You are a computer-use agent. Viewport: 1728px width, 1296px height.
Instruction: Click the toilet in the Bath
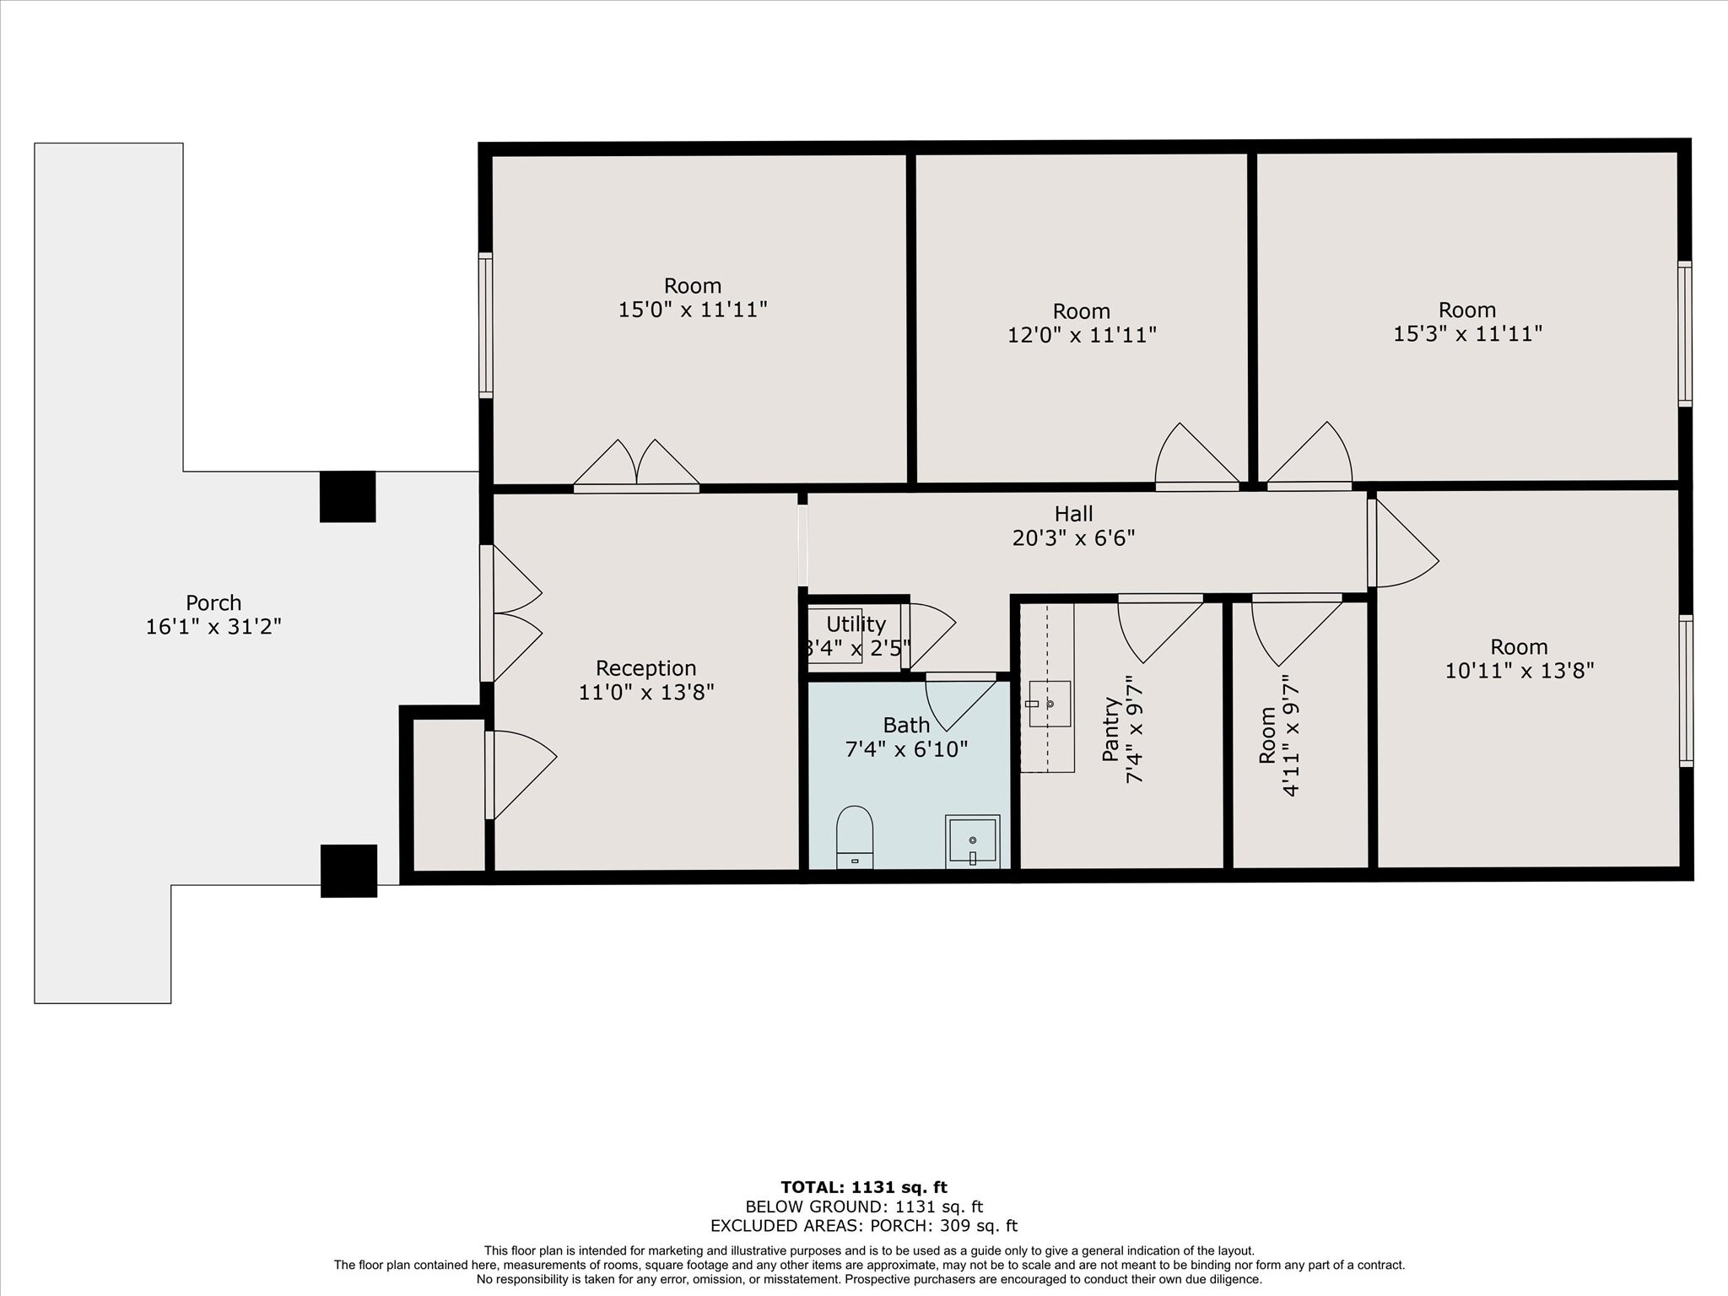(854, 836)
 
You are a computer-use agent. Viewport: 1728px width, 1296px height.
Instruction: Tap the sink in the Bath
(972, 841)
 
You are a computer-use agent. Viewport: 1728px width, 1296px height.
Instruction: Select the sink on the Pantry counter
(1049, 703)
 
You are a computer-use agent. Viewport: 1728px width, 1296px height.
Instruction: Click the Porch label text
(213, 603)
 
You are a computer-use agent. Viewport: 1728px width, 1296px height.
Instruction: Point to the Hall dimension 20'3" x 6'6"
(1073, 537)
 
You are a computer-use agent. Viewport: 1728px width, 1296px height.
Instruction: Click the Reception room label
(645, 668)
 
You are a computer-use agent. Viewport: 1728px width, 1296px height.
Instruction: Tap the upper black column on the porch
(348, 496)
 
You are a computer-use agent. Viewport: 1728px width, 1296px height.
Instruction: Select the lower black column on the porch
(348, 871)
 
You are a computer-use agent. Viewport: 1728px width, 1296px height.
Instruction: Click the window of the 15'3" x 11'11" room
(1684, 333)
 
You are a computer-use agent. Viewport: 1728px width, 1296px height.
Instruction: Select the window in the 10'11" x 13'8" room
(1685, 690)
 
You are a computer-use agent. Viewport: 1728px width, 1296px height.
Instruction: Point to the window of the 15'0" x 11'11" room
(485, 325)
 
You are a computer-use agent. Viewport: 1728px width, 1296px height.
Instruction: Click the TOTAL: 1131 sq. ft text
(863, 1188)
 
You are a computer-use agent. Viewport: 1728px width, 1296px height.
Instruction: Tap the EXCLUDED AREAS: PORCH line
(863, 1226)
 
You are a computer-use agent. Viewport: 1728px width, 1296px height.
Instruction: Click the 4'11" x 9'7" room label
(1279, 734)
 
